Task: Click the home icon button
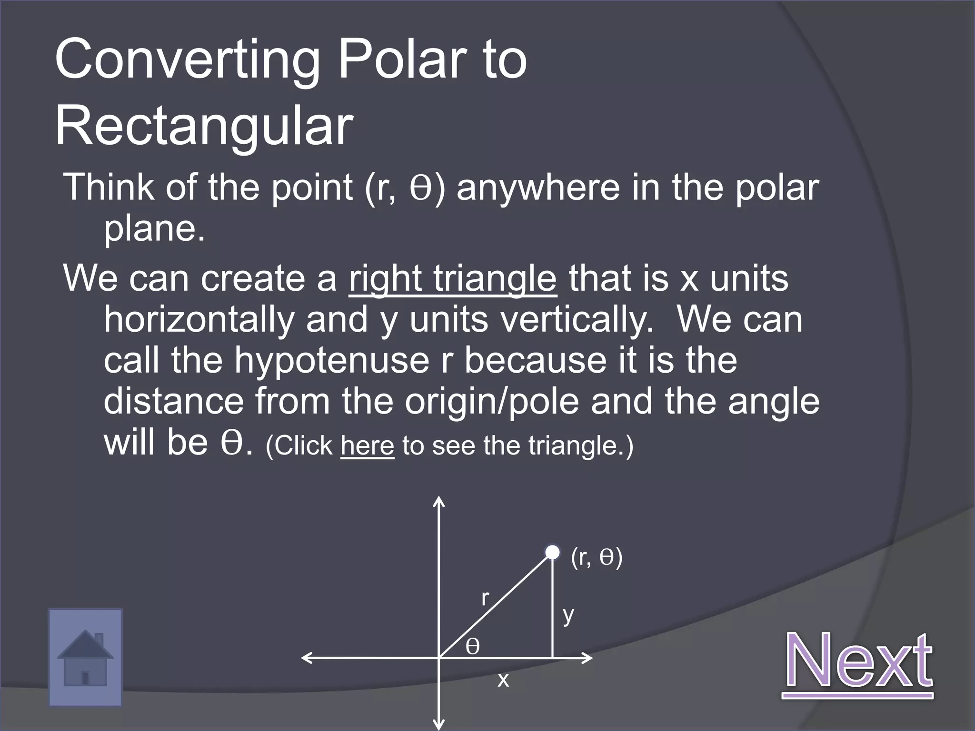click(x=85, y=657)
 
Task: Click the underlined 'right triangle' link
click(x=452, y=279)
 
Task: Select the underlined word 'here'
click(x=367, y=446)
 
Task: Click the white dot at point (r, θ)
click(x=552, y=553)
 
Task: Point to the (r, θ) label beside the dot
click(x=597, y=557)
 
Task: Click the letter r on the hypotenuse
click(x=485, y=598)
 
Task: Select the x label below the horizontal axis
click(x=503, y=680)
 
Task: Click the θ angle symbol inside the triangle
click(x=472, y=646)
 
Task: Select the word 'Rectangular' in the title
click(x=204, y=127)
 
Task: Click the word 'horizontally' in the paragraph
click(x=199, y=320)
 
